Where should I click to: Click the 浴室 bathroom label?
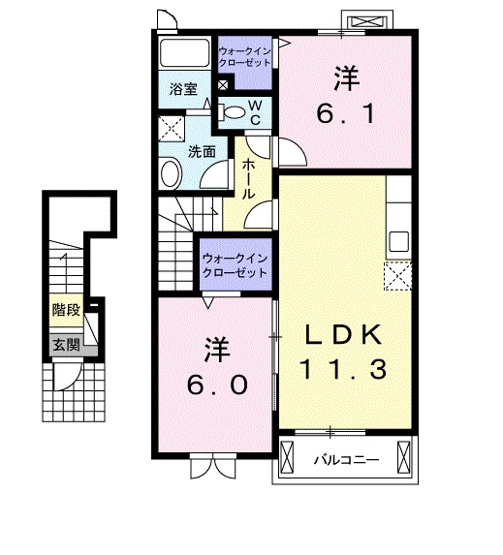coord(183,89)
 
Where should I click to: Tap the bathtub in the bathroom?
coord(184,52)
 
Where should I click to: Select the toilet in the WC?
coord(232,112)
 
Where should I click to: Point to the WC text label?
coord(256,112)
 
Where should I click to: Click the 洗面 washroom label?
coord(202,152)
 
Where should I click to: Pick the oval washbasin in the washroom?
coord(172,173)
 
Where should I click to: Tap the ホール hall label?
coord(249,179)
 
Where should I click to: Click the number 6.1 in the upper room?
coord(345,114)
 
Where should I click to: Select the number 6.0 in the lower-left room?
coord(217,385)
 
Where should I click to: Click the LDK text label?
coord(344,334)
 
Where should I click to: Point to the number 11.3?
coord(343,369)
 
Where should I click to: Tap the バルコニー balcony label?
coord(347,460)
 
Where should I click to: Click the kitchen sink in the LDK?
coord(399,242)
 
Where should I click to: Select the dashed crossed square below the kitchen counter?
coord(398,276)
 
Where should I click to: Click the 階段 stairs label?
coord(67,310)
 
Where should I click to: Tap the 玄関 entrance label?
coord(66,345)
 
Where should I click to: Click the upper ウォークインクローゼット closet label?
coord(244,57)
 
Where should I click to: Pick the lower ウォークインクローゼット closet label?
coord(236,266)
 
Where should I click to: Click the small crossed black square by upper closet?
coord(223,85)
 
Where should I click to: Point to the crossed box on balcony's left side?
coord(287,458)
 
